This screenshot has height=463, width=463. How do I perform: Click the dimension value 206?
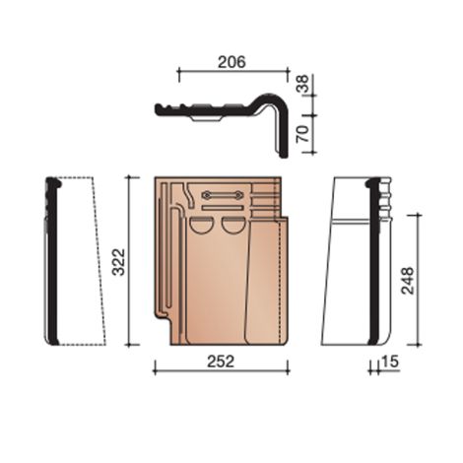pos(231,62)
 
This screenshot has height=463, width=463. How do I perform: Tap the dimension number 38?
pos(302,84)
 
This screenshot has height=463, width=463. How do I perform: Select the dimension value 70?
pos(302,134)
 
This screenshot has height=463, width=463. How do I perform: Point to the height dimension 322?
pos(118,262)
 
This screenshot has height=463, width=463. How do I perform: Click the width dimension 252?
pos(221,362)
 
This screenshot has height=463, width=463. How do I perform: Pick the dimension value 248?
pos(407,281)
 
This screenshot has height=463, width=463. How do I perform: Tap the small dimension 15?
pos(390,362)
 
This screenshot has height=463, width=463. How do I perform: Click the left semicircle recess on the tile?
pos(201,225)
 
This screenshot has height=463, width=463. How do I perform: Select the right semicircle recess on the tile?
pos(232,225)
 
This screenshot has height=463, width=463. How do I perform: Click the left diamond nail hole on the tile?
pos(207,195)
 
